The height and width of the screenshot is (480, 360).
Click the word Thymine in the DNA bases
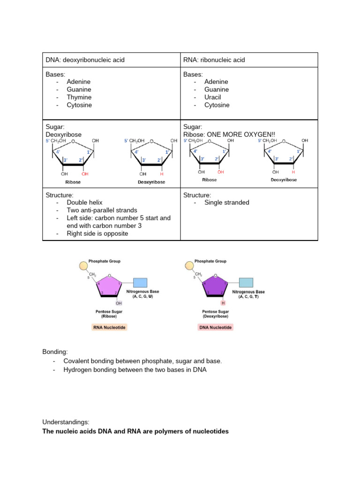79,97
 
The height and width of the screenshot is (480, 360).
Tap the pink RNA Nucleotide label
109,327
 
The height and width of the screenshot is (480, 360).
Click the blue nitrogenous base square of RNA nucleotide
140,283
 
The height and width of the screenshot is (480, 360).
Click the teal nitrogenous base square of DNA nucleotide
246,283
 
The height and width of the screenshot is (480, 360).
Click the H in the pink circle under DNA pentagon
223,303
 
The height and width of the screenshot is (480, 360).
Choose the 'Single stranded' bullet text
227,202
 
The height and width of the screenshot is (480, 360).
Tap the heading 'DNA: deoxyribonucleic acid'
85,60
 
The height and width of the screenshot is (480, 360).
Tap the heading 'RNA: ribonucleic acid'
214,60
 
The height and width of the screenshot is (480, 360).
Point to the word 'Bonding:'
55,351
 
